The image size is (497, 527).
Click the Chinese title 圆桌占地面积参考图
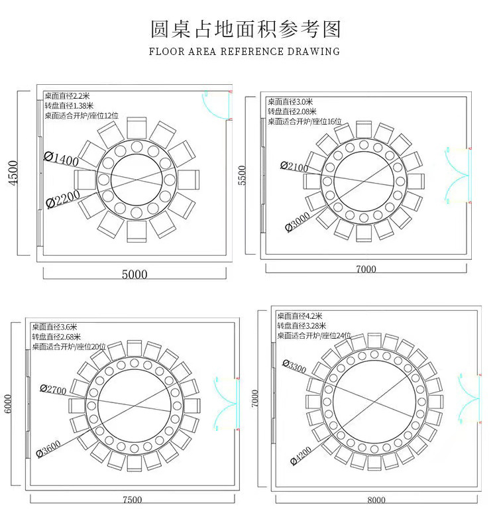tap(246, 29)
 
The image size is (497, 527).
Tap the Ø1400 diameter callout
tap(61, 158)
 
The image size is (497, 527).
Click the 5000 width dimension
tap(135, 274)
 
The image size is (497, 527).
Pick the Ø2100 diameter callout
tap(294, 166)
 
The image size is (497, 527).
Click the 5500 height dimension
tap(242, 176)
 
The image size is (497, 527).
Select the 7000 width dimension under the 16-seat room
tap(366, 268)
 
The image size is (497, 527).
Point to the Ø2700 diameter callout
tap(53, 390)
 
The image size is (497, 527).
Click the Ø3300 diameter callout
tap(294, 365)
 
